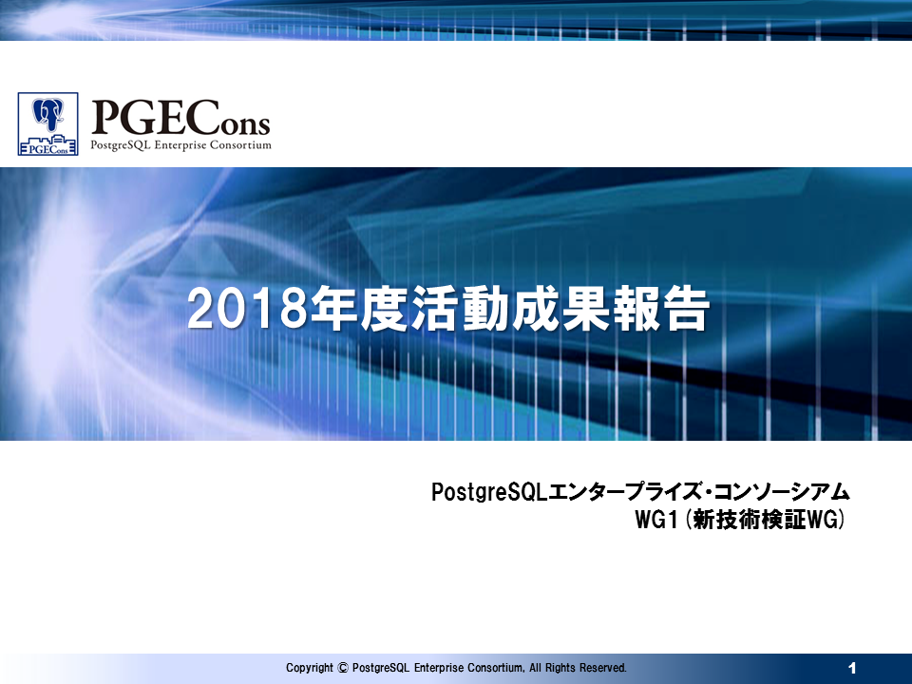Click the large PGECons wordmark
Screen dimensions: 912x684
tap(180, 118)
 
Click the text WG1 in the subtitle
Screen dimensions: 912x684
tap(656, 520)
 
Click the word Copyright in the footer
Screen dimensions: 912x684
tap(310, 668)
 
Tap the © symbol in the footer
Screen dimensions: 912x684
tap(343, 668)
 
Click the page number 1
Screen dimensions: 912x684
tap(853, 668)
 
